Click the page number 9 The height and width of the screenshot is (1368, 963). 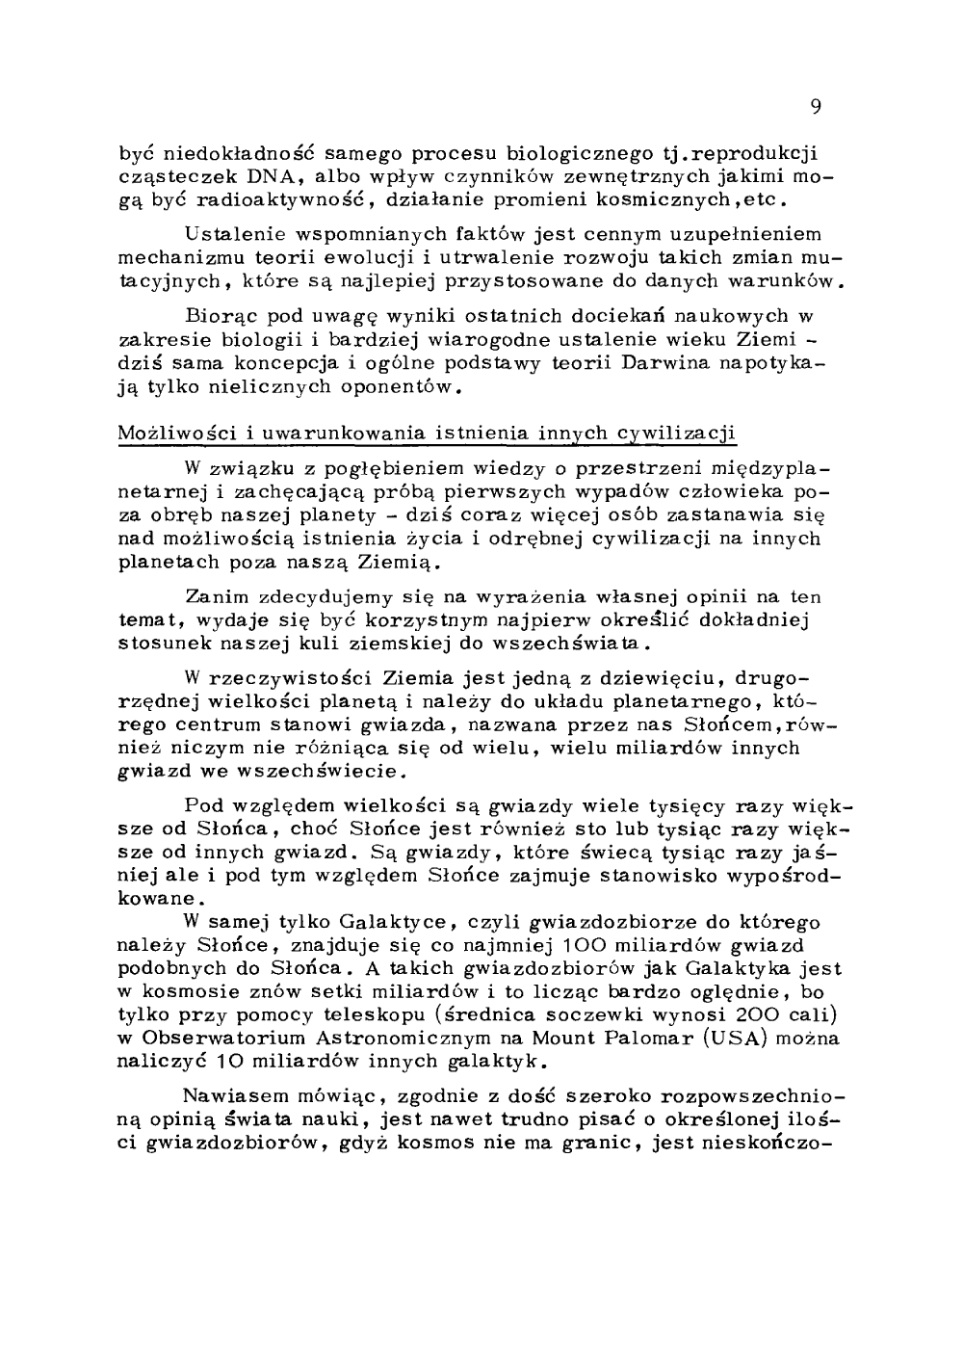(x=815, y=107)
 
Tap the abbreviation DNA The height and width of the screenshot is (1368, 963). (x=253, y=178)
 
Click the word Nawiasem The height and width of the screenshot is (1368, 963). (x=230, y=1096)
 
